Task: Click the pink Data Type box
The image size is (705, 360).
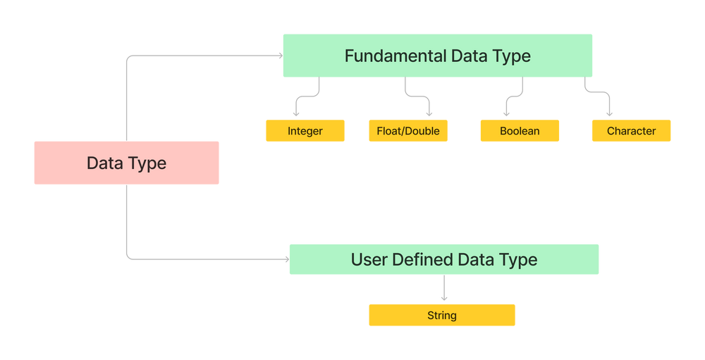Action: pos(126,163)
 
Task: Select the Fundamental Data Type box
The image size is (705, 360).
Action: pos(437,56)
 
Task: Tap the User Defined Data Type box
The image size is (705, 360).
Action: pos(443,259)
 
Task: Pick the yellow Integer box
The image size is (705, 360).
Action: pos(305,131)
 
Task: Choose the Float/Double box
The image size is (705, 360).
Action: pos(407,131)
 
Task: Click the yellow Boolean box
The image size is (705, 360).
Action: pos(520,131)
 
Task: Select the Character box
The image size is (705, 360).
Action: pos(631,131)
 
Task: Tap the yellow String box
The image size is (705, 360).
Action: pos(441,315)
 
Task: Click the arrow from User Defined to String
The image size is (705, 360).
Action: pos(443,289)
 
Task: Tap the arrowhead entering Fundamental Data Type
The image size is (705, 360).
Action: pos(277,56)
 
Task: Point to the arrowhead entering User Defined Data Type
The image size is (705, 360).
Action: pos(284,260)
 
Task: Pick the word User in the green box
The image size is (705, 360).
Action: pos(369,259)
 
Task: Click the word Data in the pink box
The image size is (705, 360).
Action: pos(102,163)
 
